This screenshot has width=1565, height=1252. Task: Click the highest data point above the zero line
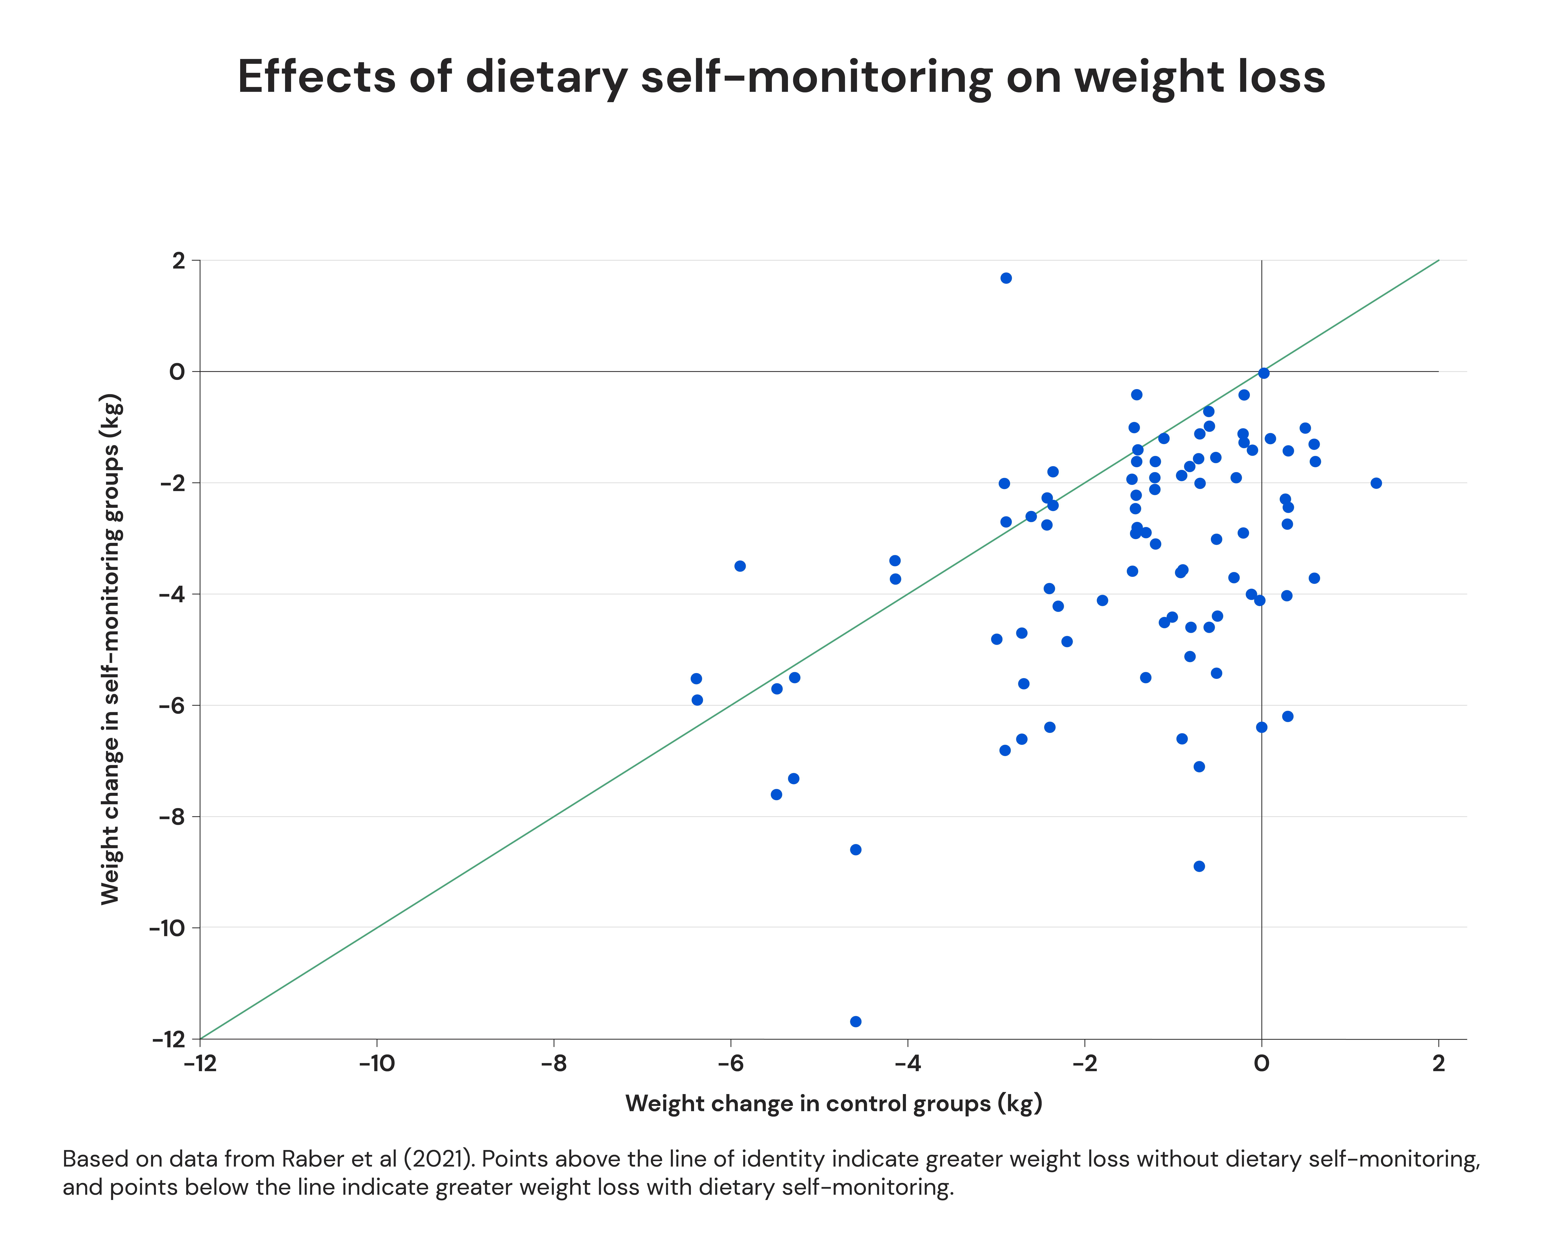point(1006,278)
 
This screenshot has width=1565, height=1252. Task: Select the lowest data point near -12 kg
point(856,1021)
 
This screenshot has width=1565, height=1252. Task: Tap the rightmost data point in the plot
point(1376,483)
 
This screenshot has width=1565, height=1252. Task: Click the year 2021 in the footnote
point(435,1159)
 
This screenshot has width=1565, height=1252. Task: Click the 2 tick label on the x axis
point(1439,1064)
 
